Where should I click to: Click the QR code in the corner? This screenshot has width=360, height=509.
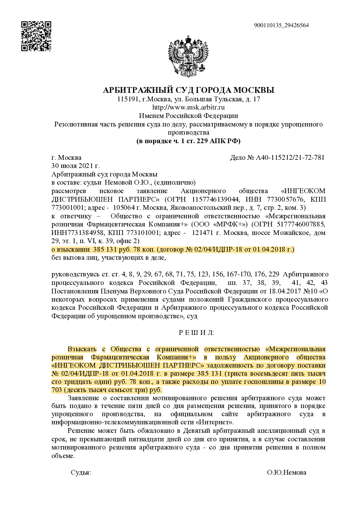[36, 36]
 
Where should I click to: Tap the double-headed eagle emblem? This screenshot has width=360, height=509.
[188, 57]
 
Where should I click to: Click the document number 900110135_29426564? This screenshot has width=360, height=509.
[281, 25]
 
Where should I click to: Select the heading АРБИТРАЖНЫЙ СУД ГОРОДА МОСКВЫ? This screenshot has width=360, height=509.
[189, 90]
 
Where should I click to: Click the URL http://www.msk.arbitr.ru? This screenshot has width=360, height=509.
[189, 107]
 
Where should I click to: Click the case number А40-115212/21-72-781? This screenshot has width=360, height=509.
[290, 157]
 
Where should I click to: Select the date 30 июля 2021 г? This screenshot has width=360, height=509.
[75, 166]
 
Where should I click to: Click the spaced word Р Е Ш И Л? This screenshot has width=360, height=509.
[196, 333]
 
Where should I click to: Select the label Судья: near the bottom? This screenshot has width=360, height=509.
[81, 472]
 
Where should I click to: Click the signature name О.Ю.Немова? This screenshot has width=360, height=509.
[287, 472]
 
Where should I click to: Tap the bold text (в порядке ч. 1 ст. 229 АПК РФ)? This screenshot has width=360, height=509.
[189, 141]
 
